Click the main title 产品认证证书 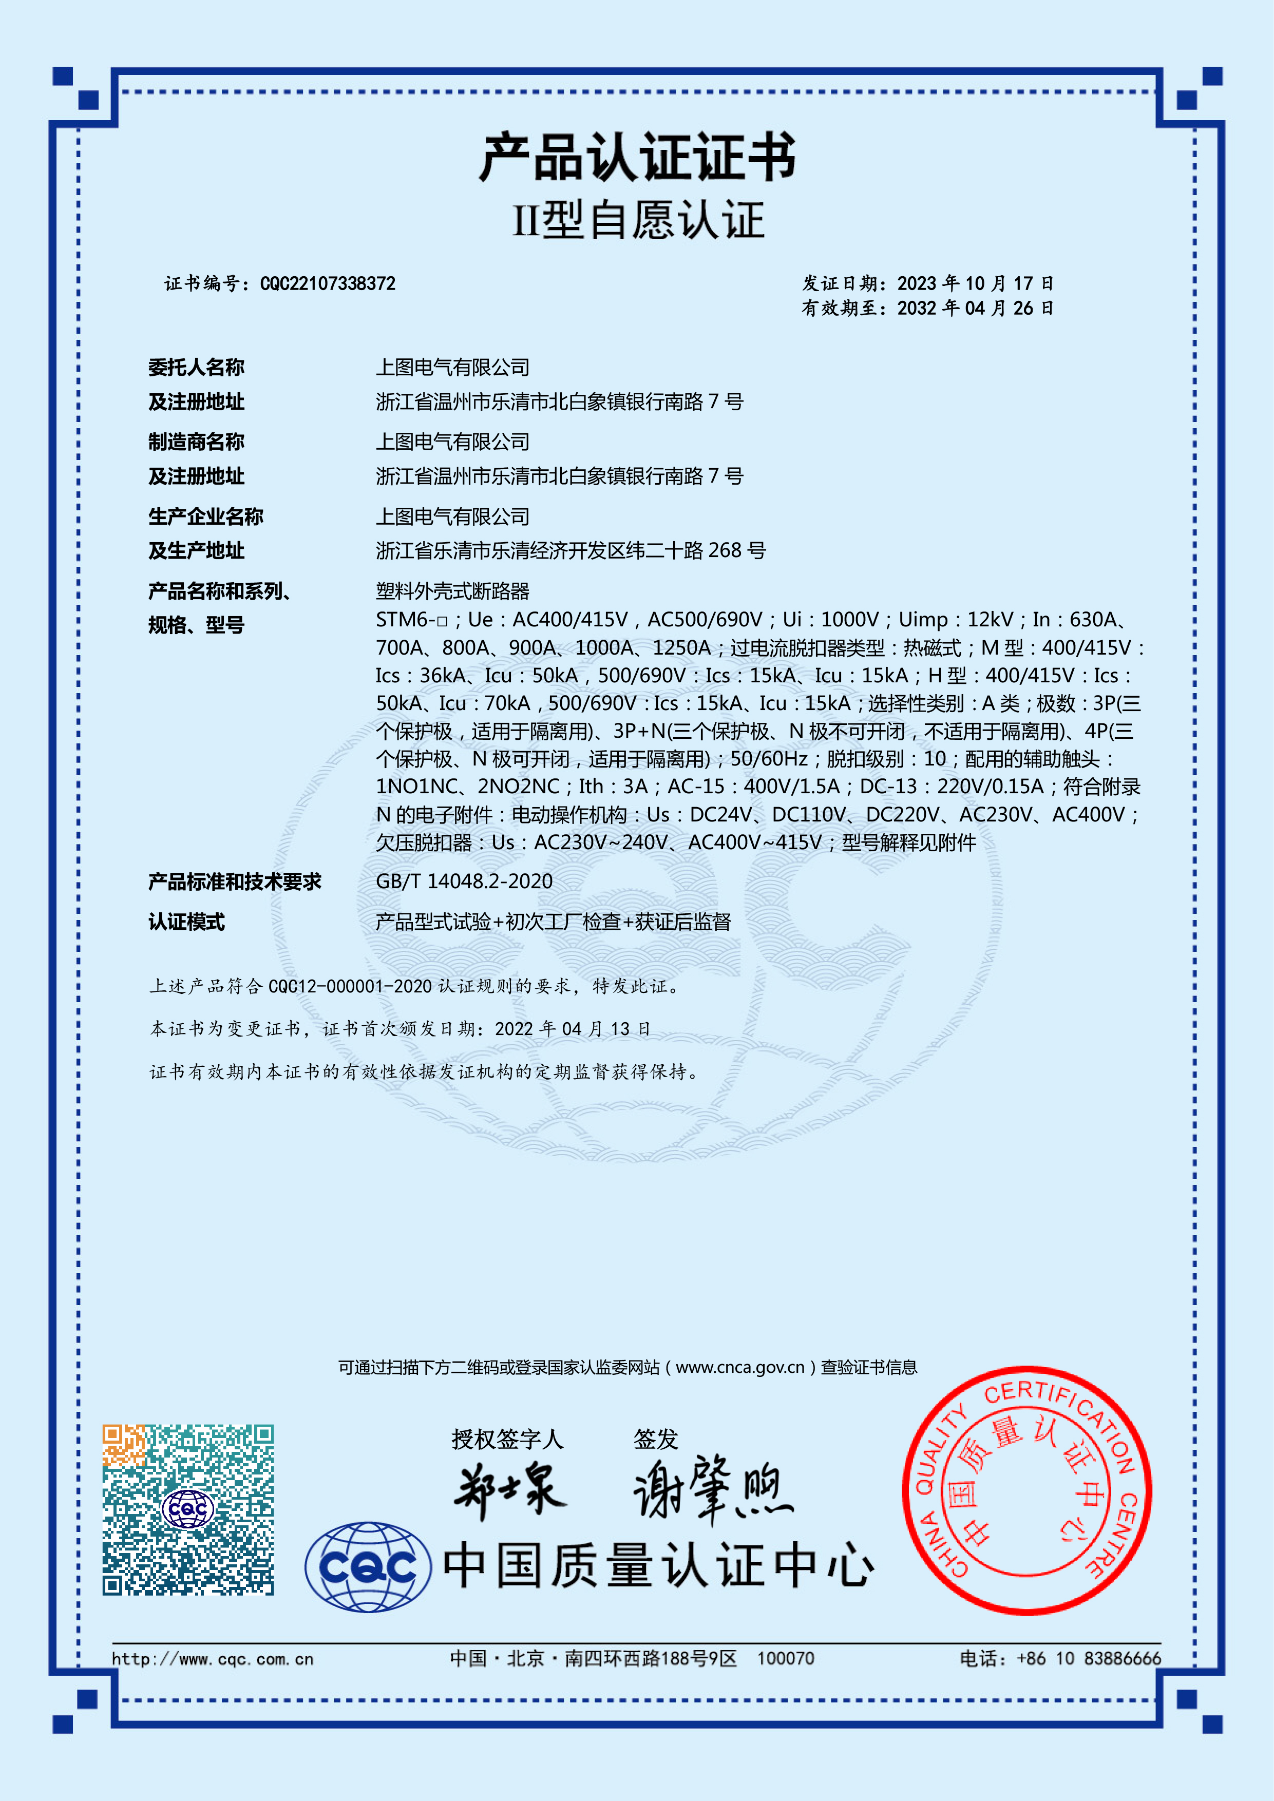[x=637, y=158]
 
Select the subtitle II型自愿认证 [x=637, y=220]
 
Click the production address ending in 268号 [x=571, y=551]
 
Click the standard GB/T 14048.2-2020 [x=464, y=882]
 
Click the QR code [x=188, y=1509]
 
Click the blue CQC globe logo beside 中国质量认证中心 [x=368, y=1566]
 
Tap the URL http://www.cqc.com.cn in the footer [x=213, y=1659]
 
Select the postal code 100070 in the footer [x=785, y=1658]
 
